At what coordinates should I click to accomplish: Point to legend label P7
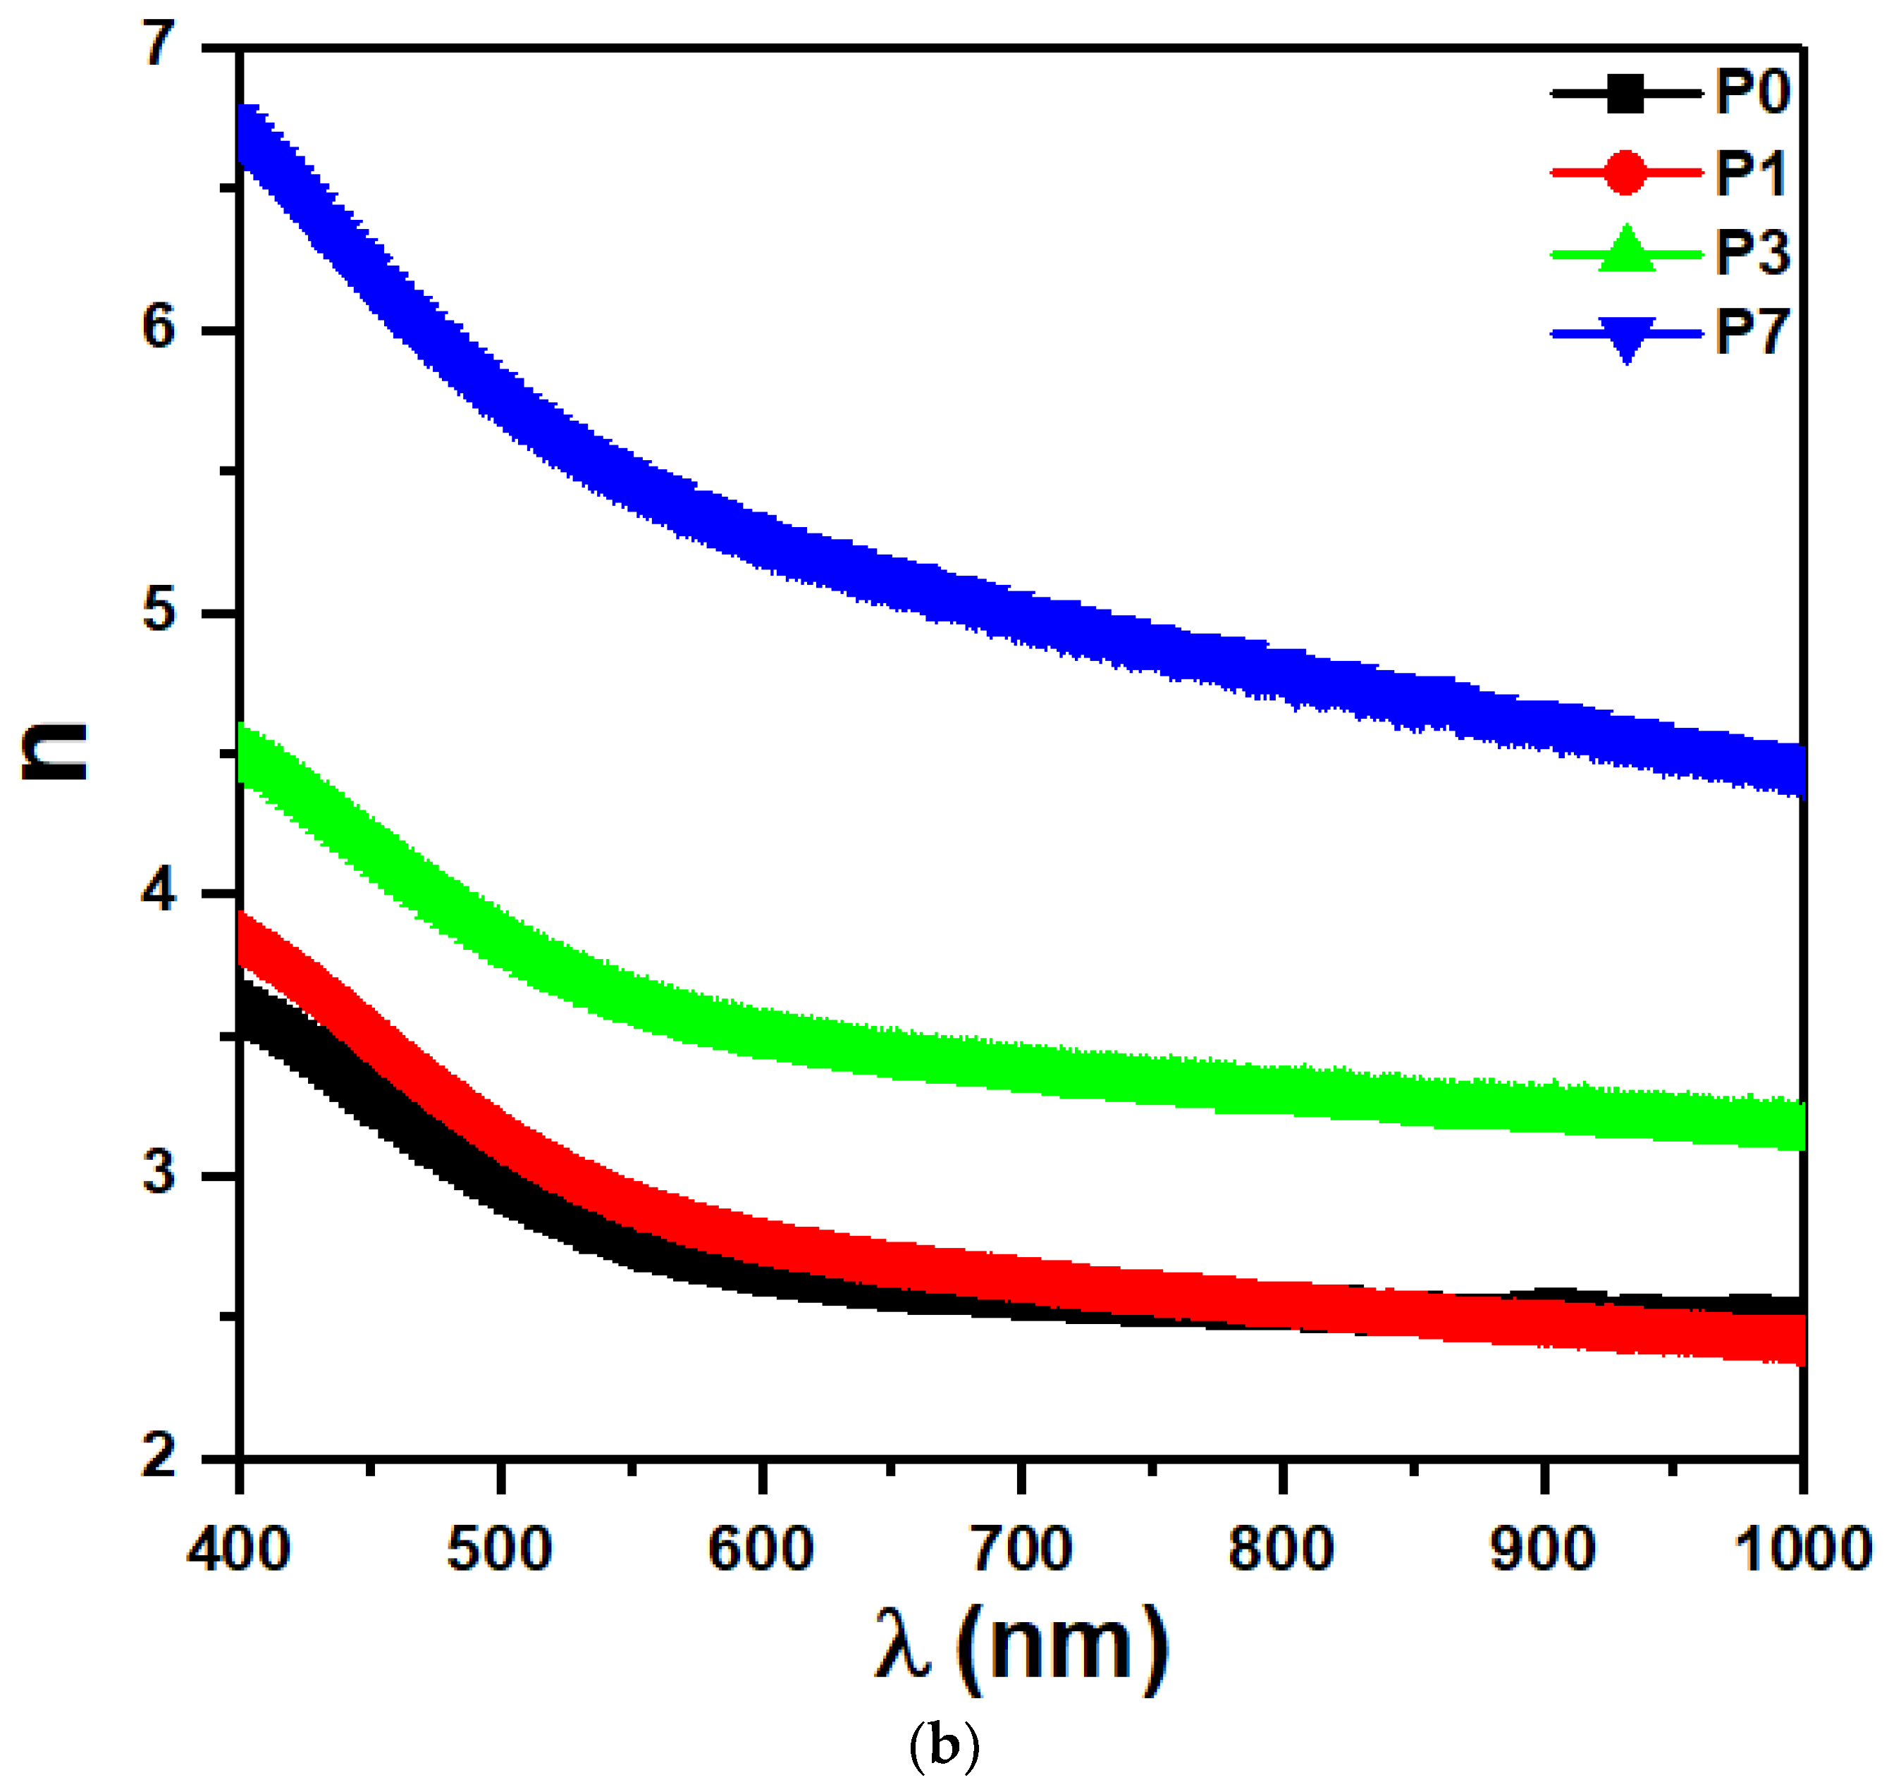pyautogui.click(x=1752, y=333)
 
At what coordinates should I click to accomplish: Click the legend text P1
pyautogui.click(x=1750, y=173)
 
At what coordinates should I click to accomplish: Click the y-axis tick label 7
pyautogui.click(x=160, y=43)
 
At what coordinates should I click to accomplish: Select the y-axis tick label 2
pyautogui.click(x=160, y=1456)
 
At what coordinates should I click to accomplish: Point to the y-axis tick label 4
pyautogui.click(x=160, y=891)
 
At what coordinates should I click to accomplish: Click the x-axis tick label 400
pyautogui.click(x=238, y=1549)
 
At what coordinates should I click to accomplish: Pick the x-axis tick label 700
pyautogui.click(x=1021, y=1549)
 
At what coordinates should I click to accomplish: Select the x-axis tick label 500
pyautogui.click(x=499, y=1549)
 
